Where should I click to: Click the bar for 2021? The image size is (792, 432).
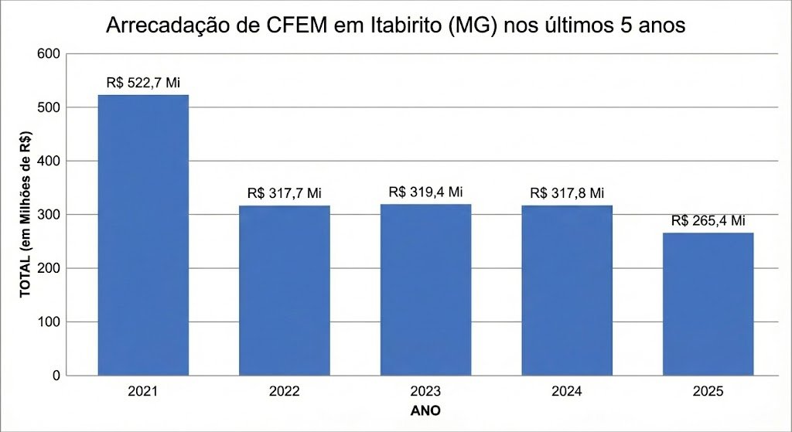pos(143,235)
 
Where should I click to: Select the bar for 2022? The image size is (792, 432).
pos(284,290)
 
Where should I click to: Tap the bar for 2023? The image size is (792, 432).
pos(425,289)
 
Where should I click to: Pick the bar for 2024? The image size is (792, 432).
pos(567,290)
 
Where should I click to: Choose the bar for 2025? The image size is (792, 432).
pos(708,304)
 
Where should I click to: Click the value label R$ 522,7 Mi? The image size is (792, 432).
pos(143,82)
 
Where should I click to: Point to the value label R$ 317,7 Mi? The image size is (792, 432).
pos(284,193)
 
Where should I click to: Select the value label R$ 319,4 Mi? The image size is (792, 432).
pos(425,192)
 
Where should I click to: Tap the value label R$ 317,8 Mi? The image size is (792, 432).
pos(567,193)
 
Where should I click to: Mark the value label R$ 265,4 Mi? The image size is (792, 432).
pos(708,220)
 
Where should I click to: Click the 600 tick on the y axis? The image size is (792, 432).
pos(49,54)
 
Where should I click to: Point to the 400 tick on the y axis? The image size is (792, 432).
pos(49,161)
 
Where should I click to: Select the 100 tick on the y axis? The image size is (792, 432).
pos(49,321)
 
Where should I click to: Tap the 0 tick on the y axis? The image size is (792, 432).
pos(56,376)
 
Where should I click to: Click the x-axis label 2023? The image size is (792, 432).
pos(425,392)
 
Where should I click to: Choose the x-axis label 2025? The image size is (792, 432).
pos(708,392)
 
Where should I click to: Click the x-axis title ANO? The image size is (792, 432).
pos(425,410)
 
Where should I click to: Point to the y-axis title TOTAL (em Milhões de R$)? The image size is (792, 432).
pos(25,214)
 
